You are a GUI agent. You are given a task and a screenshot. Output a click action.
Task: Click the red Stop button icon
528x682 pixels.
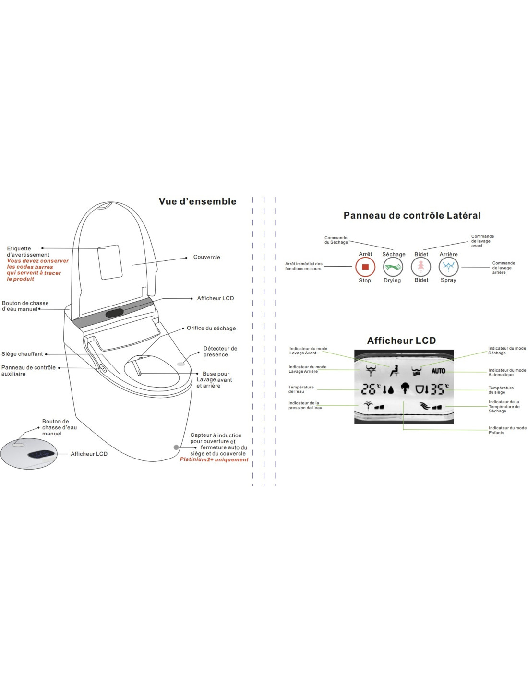[365, 267]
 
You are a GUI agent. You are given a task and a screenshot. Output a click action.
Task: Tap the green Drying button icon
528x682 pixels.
[393, 267]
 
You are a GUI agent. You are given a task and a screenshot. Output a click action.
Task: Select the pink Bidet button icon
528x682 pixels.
[421, 267]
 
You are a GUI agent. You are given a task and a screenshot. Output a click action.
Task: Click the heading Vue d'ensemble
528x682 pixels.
[197, 201]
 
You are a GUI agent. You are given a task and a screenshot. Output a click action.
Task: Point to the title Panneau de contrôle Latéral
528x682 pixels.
[412, 215]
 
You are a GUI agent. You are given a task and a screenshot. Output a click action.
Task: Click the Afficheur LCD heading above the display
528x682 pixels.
[401, 341]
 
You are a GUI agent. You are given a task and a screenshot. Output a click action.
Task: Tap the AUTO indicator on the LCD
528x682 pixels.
[438, 371]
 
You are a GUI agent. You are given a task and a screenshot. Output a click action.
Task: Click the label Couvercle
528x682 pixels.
[206, 257]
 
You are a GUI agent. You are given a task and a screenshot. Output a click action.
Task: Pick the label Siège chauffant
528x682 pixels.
[22, 354]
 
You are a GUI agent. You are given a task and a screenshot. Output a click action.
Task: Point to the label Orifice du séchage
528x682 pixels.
[211, 328]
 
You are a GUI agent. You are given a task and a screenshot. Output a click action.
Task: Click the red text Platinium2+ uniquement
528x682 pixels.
[214, 459]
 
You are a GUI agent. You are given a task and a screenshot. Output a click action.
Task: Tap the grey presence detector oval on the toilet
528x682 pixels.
[181, 364]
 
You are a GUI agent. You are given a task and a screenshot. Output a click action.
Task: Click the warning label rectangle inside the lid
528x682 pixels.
[109, 262]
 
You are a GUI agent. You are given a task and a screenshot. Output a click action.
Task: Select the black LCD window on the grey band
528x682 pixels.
[115, 313]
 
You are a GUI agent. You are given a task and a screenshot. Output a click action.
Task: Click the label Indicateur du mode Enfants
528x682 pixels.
[507, 430]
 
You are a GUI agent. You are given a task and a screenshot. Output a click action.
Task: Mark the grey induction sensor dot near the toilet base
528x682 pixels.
[176, 447]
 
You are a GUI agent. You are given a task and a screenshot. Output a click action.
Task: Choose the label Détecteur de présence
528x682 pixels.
[220, 352]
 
